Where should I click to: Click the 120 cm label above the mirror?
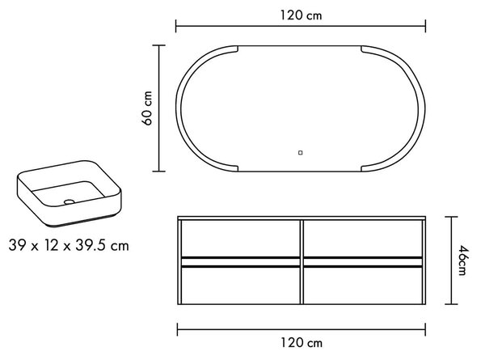[x=301, y=15]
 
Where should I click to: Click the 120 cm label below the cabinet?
[x=302, y=343]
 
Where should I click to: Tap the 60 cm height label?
[x=147, y=108]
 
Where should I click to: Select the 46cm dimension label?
[x=462, y=260]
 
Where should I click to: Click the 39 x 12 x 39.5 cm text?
[x=69, y=245]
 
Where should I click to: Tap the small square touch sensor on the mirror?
[x=300, y=153]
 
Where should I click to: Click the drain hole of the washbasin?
[x=69, y=201]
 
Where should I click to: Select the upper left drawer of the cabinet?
[x=240, y=239]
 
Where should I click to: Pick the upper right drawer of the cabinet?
[x=363, y=239]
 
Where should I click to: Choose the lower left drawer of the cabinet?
[x=240, y=285]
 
